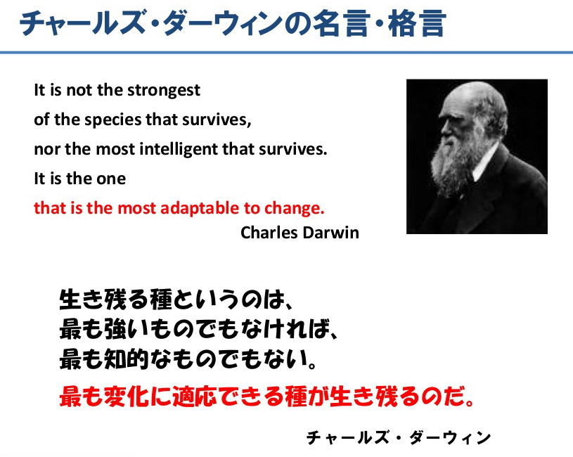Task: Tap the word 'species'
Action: coord(113,120)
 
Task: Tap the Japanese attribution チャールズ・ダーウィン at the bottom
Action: coord(399,437)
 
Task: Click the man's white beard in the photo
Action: coord(454,165)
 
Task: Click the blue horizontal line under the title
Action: coord(287,53)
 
